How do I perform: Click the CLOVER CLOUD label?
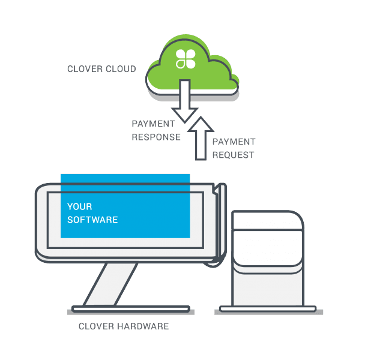point(101,69)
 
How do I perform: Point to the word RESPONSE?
point(156,137)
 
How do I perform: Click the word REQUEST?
point(234,155)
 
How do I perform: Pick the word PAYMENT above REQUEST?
point(234,142)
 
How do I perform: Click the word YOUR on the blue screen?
point(79,207)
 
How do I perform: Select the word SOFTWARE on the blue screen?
point(92,220)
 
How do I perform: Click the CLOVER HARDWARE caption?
point(124,326)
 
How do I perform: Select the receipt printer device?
point(268,258)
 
